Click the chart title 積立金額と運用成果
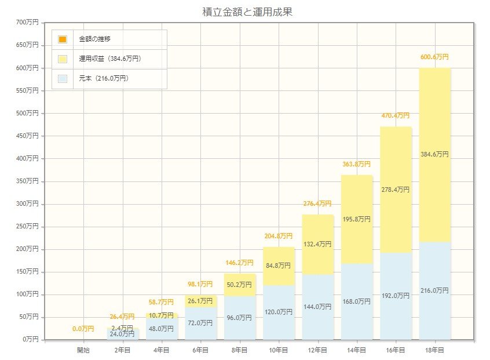point(245,12)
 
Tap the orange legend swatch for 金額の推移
point(63,39)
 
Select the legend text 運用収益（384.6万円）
point(110,59)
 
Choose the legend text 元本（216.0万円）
point(104,78)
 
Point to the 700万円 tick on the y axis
point(28,23)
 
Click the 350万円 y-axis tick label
point(28,181)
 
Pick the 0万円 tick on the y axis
point(30,339)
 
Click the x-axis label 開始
point(83,350)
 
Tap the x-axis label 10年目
point(279,350)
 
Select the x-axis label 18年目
point(434,350)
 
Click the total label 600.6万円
point(434,57)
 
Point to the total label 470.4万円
point(396,116)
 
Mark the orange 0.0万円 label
point(83,329)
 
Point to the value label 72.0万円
point(201,323)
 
